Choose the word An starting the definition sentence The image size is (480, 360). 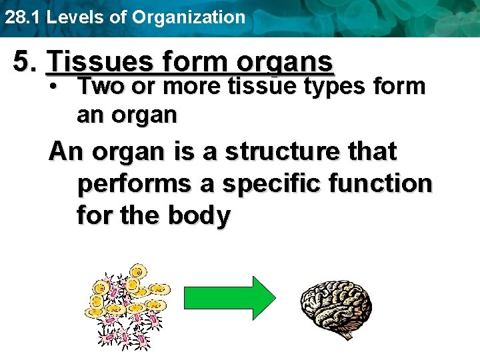point(65,151)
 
